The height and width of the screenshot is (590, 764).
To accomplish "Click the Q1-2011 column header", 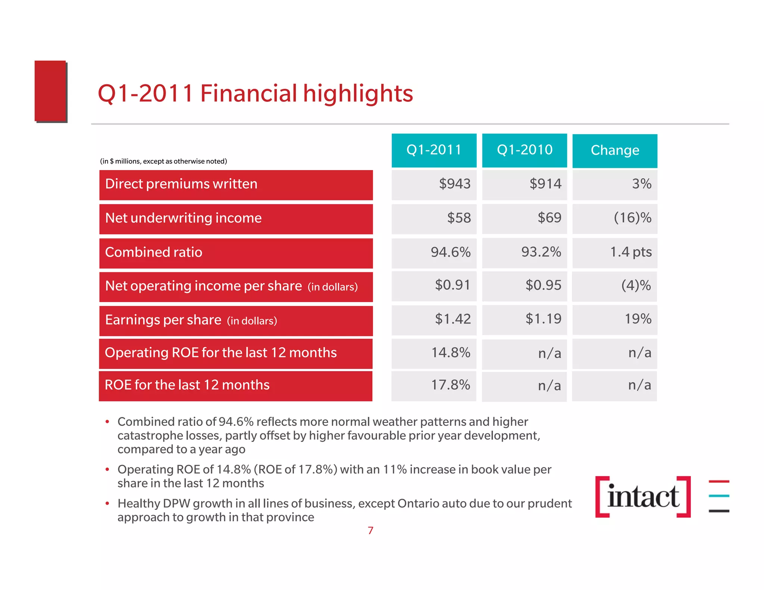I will (434, 150).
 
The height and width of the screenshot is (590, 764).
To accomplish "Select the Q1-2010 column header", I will (524, 150).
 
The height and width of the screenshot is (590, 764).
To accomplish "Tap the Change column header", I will (614, 151).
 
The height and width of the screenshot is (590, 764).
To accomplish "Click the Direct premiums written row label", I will (181, 185).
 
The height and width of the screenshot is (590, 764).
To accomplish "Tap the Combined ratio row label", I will (154, 253).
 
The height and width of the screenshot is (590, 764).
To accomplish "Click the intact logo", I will (643, 497).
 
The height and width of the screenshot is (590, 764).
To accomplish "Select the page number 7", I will (370, 531).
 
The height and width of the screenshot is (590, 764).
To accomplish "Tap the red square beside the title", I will (51, 91).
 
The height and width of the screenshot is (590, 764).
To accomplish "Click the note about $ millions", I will (163, 161).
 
